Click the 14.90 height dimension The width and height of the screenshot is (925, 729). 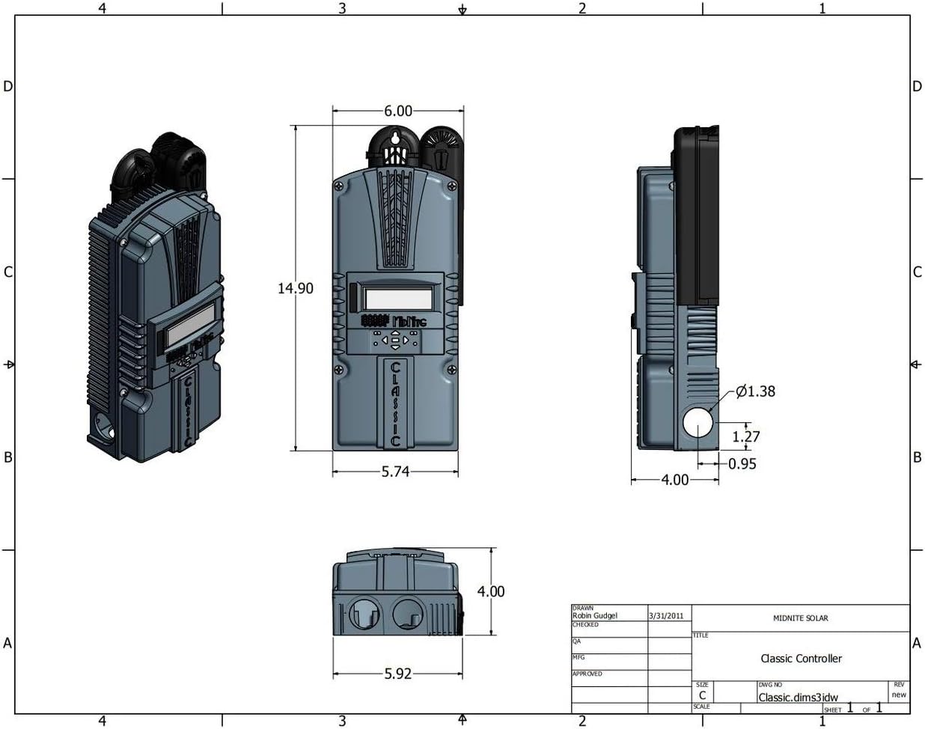click(296, 288)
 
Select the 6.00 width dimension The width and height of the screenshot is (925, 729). click(398, 111)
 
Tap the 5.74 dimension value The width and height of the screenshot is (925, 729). click(394, 472)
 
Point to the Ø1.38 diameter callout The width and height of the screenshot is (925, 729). click(755, 391)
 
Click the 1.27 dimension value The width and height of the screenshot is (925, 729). click(746, 436)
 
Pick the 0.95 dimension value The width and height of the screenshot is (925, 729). click(742, 464)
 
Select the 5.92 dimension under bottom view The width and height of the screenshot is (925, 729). click(398, 673)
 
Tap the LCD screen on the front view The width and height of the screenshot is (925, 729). click(397, 298)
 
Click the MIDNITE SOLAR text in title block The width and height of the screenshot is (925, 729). click(800, 618)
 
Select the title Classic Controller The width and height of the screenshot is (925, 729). click(801, 659)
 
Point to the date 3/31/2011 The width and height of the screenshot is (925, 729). click(667, 615)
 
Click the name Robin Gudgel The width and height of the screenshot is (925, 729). click(595, 615)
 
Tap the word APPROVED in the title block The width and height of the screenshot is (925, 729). click(587, 674)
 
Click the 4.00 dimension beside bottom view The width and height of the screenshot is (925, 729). click(491, 591)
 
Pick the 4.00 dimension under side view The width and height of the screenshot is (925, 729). click(674, 480)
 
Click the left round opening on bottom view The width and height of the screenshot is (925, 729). click(367, 613)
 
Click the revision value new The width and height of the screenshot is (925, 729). click(899, 695)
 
